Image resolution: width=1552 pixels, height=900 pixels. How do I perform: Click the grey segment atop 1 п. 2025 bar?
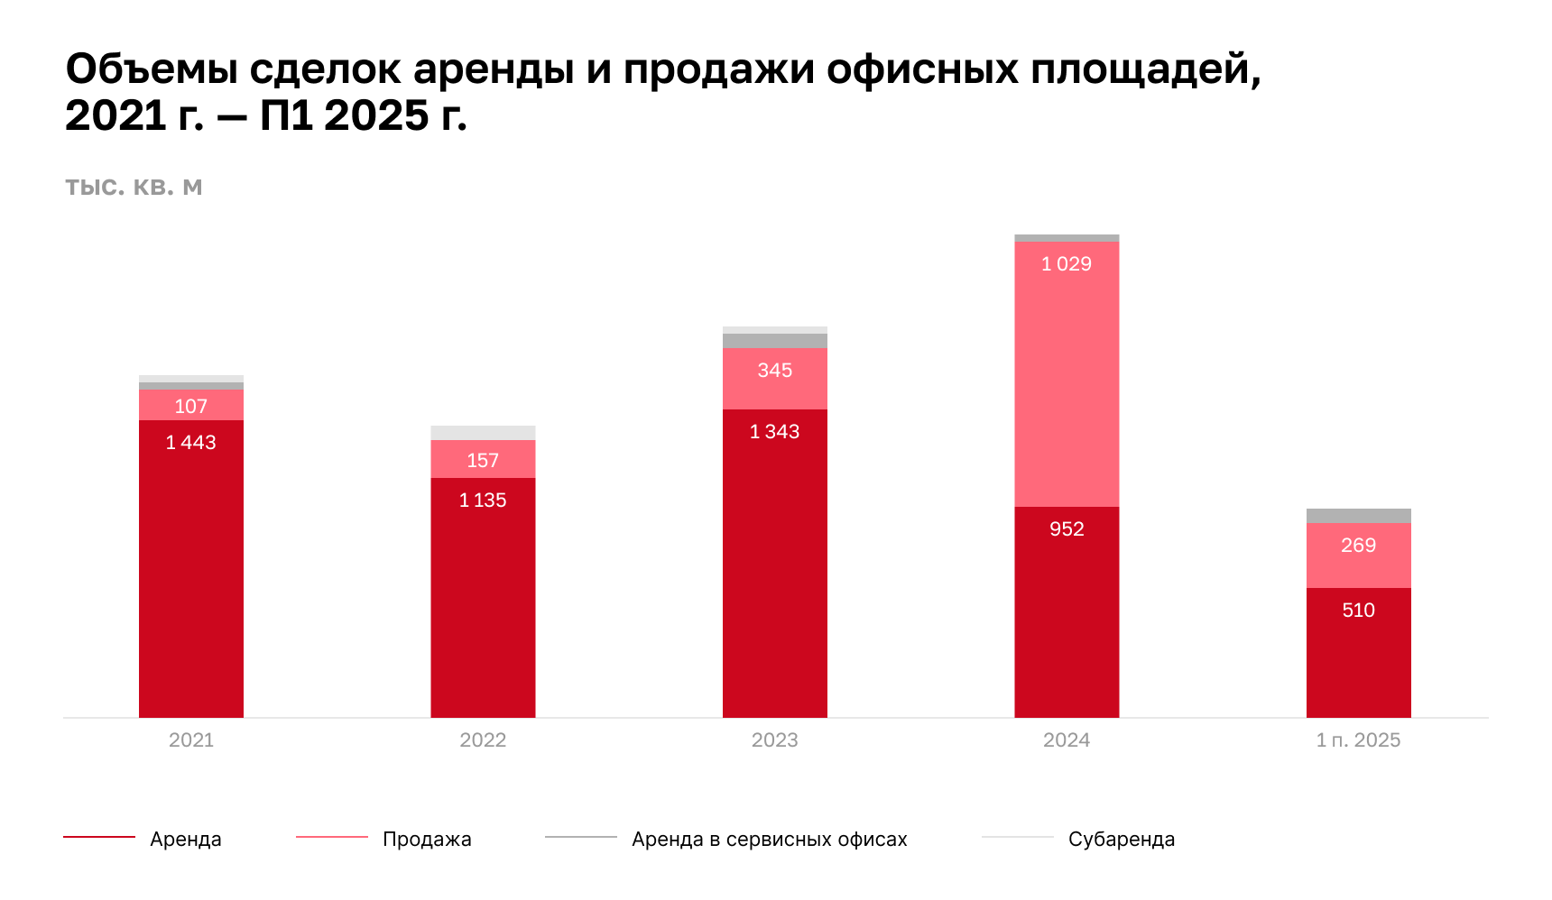point(1358,516)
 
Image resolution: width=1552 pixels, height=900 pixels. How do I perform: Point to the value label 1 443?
point(190,443)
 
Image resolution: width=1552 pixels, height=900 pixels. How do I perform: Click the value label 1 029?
point(1067,264)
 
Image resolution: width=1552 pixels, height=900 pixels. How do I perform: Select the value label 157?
point(483,461)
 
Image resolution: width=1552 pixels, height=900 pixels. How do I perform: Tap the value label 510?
point(1358,611)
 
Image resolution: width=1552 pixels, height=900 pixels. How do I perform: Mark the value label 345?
point(774,371)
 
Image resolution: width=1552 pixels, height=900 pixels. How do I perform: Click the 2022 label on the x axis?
point(483,740)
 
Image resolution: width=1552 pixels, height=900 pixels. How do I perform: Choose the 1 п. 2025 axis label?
point(1358,740)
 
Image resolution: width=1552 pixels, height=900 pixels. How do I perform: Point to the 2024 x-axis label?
point(1067,740)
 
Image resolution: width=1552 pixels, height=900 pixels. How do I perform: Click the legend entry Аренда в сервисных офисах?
point(769,840)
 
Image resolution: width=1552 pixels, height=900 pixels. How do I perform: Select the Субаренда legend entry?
point(1121,840)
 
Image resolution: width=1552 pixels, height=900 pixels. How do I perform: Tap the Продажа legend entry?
point(427,840)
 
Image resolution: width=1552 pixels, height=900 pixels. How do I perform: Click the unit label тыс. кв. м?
point(134,188)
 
